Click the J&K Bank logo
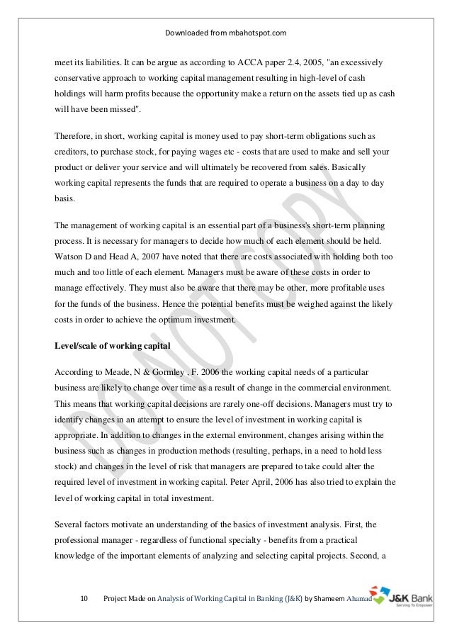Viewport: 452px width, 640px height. [x=397, y=596]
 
